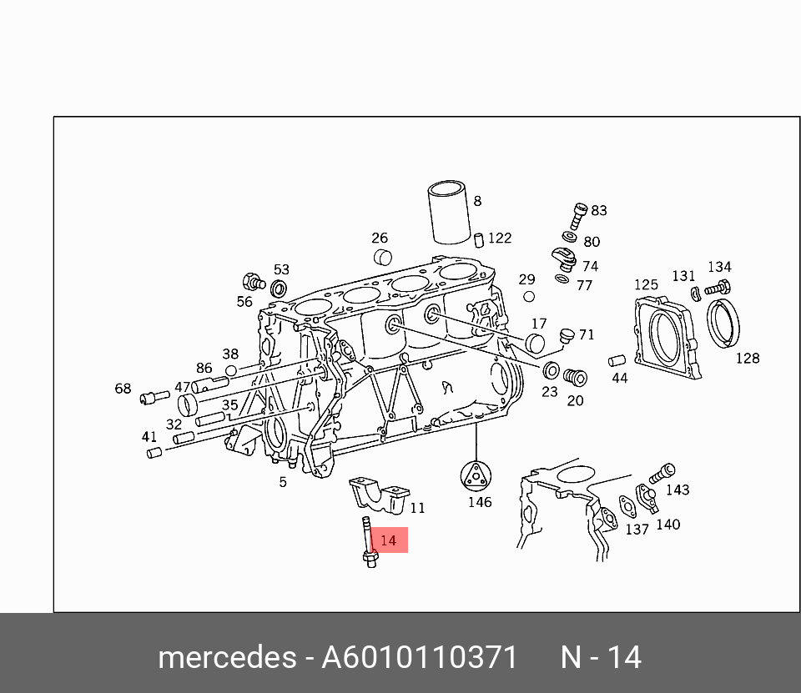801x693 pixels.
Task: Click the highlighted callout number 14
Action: tap(388, 540)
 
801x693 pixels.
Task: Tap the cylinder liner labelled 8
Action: tap(449, 212)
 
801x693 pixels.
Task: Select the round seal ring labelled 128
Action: tap(723, 323)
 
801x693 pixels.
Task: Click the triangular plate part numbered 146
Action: tap(476, 477)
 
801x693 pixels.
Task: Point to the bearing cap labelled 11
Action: tap(379, 495)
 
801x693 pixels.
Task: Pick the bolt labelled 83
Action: tap(578, 216)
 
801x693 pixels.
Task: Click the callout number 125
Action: tap(646, 284)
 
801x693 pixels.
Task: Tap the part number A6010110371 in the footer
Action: tap(420, 657)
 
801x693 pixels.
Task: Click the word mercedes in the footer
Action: tap(227, 657)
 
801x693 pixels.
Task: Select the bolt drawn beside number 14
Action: tap(368, 542)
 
